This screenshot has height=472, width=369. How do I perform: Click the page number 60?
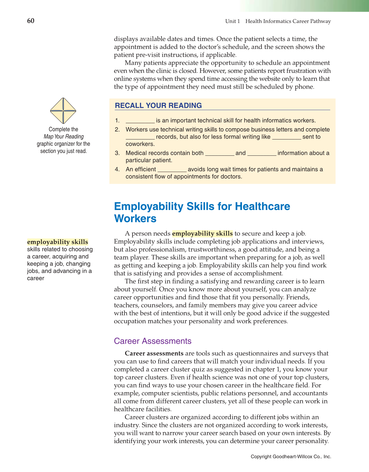[31, 21]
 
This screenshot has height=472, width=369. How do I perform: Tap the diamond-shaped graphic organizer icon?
[63, 111]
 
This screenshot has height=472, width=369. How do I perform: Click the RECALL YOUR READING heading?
[158, 106]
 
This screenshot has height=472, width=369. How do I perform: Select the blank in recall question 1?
[140, 121]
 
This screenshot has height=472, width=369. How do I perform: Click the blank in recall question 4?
[172, 170]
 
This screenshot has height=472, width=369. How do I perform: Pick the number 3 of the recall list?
[117, 153]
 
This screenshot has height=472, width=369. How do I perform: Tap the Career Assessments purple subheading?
[153, 341]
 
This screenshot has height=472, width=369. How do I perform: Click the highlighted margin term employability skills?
[57, 242]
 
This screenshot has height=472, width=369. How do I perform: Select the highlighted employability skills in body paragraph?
[202, 233]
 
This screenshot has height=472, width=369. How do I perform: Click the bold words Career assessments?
[154, 353]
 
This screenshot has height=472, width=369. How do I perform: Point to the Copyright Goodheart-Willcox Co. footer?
[291, 457]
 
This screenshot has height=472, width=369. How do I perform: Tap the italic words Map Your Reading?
[64, 137]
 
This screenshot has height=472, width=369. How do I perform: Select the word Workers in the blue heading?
[135, 219]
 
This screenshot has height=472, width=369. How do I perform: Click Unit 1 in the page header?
[232, 21]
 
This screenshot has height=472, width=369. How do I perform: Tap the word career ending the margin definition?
[36, 278]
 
